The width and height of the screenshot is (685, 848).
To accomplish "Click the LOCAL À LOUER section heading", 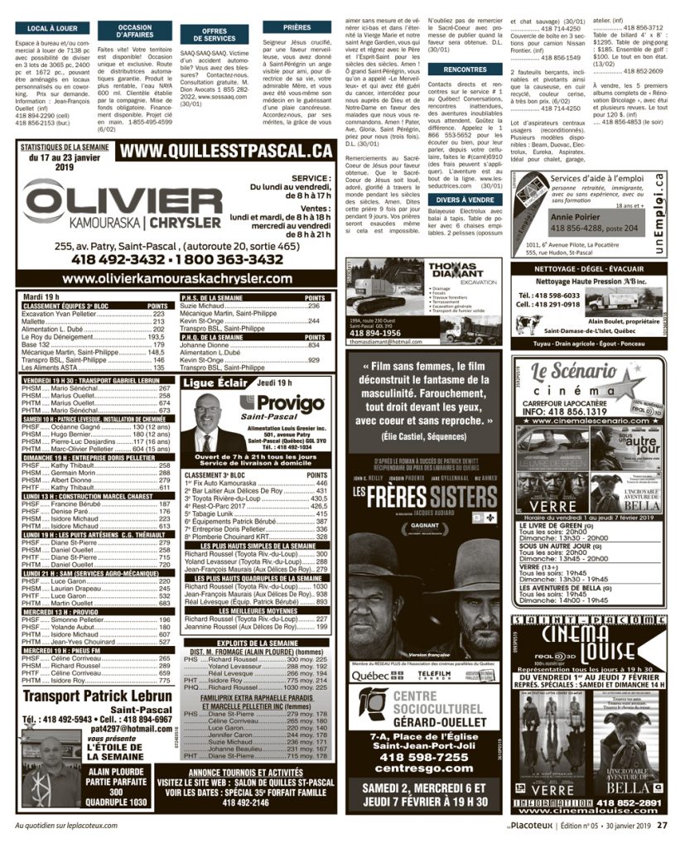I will (x=47, y=29).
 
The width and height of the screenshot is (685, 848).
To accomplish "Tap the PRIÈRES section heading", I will (x=297, y=27).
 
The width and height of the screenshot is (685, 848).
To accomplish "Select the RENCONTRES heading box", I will (x=464, y=70).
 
